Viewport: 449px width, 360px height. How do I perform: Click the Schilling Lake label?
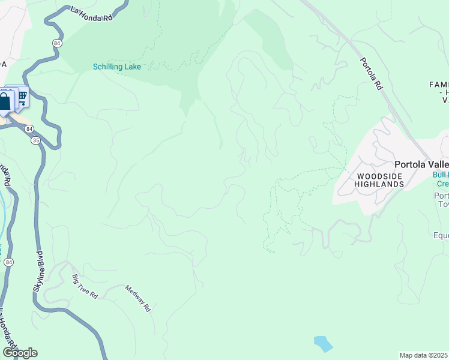117,67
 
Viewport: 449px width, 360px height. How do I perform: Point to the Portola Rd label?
372,74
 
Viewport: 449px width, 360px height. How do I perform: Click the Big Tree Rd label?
85,287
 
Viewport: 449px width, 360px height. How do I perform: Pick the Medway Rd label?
137,298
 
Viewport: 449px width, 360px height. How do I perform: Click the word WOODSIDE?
378,176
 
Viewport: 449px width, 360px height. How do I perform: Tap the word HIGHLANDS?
379,184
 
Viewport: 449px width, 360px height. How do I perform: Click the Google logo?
20,352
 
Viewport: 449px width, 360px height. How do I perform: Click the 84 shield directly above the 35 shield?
29,128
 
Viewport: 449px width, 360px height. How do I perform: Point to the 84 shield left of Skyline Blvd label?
8,262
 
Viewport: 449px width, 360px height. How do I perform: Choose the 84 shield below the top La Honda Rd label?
56,43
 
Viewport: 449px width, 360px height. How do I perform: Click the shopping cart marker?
22,95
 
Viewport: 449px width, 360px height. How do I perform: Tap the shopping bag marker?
5,100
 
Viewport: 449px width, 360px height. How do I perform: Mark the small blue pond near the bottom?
323,344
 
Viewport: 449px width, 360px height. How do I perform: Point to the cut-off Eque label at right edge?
441,235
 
